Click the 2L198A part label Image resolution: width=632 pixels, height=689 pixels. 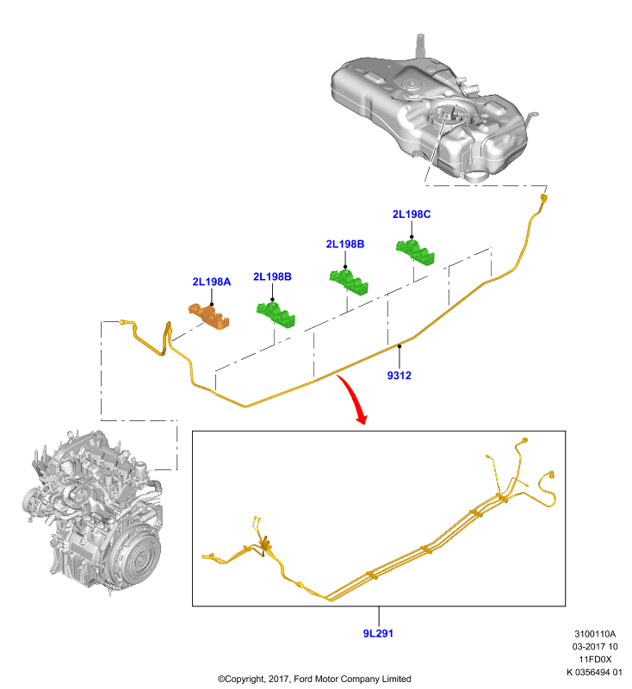click(x=211, y=282)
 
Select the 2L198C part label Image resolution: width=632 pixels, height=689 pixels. click(x=411, y=214)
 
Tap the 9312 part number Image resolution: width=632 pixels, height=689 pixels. click(x=399, y=376)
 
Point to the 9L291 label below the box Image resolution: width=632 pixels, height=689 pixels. click(x=378, y=633)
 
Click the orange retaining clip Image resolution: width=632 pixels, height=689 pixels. click(x=209, y=315)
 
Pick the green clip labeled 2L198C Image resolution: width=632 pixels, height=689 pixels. click(x=415, y=251)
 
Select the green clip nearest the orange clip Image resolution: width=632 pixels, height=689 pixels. click(x=276, y=314)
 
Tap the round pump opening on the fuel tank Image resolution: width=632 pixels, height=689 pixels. click(x=448, y=115)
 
